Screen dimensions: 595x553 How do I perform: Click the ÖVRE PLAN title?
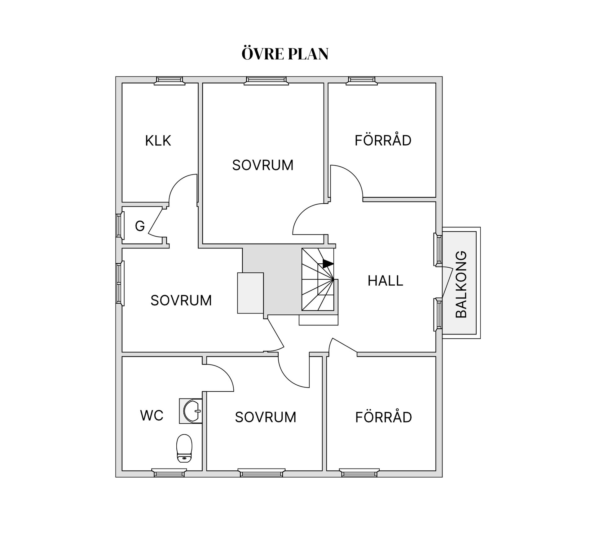click(285, 54)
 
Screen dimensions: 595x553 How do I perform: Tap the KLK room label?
click(158, 141)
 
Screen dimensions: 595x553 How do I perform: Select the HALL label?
click(385, 281)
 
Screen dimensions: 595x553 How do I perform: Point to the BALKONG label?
click(461, 284)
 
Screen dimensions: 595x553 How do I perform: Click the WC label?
click(152, 416)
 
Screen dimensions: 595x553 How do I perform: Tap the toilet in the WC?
click(184, 448)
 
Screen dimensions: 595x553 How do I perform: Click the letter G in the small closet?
click(140, 226)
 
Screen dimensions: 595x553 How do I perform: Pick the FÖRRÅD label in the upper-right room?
click(383, 140)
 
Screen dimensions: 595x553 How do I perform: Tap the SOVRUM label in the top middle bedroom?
click(263, 165)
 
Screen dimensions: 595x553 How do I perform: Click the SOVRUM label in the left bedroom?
click(181, 300)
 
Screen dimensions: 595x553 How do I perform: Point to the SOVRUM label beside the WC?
click(266, 417)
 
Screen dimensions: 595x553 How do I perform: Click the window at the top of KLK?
click(170, 81)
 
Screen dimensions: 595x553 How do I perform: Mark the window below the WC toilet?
click(169, 473)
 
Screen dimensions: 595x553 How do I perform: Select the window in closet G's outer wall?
click(120, 225)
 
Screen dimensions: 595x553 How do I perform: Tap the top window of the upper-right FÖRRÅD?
click(362, 81)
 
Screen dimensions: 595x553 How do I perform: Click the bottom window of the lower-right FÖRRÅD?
click(359, 473)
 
